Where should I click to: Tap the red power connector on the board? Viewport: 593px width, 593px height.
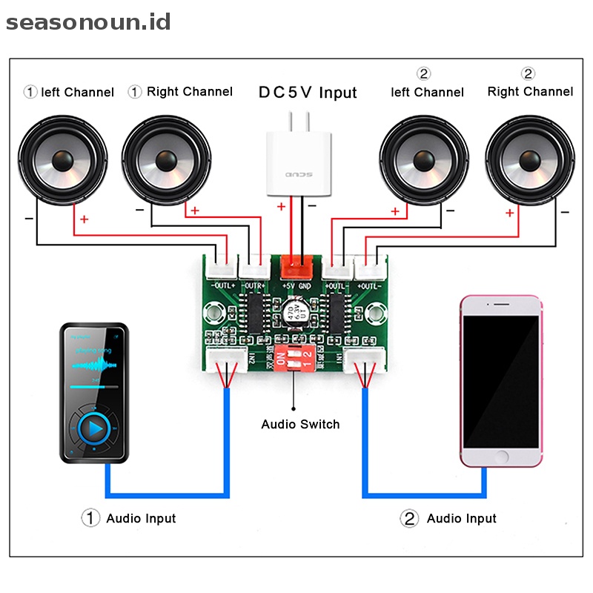coord(296,265)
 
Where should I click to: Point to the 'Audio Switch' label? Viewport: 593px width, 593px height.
coord(300,425)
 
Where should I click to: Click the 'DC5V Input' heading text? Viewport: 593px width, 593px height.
coord(307,93)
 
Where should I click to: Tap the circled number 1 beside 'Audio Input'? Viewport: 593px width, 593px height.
coord(90,518)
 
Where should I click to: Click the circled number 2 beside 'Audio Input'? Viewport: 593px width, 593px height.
coord(409,518)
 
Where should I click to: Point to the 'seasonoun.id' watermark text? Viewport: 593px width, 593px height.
coord(88,22)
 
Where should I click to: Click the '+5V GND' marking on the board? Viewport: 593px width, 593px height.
coord(296,285)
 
